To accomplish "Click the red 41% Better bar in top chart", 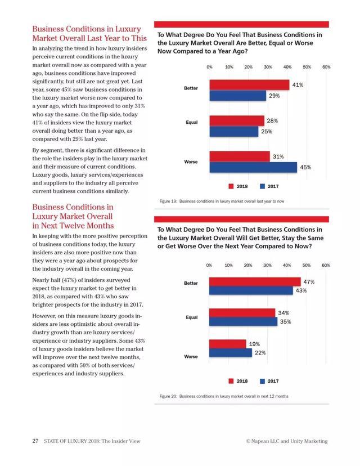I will click(249, 85).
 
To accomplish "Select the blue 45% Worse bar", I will click(253, 167).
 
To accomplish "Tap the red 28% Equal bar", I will click(237, 120).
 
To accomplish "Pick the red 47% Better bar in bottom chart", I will click(255, 281).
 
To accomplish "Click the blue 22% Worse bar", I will click(231, 353).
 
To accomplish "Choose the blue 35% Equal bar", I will click(243, 322).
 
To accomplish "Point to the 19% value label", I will click(254, 344).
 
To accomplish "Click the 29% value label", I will click(274, 96).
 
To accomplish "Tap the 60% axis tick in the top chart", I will click(326, 67).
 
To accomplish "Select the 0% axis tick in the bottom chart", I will click(209, 265).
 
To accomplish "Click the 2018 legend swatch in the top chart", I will click(231, 186).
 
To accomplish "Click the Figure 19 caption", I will click(222, 201).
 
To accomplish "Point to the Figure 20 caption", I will click(223, 396).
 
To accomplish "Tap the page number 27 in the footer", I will click(34, 441).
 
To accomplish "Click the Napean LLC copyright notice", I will click(286, 441).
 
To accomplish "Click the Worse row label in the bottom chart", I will click(191, 357).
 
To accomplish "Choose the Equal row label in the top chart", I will click(191, 122).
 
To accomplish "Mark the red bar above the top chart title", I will click(241, 24).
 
